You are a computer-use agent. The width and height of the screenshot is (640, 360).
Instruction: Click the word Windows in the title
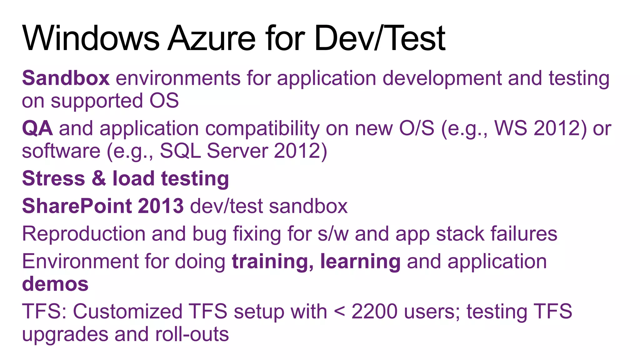click(x=91, y=38)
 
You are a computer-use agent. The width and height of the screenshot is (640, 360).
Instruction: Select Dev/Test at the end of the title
click(x=380, y=38)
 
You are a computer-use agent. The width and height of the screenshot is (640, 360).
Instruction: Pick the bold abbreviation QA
click(x=37, y=128)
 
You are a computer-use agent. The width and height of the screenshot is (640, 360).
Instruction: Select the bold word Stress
click(x=53, y=178)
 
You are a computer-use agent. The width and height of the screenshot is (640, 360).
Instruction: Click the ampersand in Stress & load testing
click(x=99, y=178)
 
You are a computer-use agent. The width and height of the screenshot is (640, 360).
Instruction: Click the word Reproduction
click(x=84, y=234)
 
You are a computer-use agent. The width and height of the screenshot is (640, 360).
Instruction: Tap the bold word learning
click(x=360, y=262)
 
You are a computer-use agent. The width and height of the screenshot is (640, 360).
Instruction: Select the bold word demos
click(x=55, y=284)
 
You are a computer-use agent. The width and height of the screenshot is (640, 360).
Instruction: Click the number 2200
click(x=374, y=312)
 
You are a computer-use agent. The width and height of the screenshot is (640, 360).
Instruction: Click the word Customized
click(x=127, y=312)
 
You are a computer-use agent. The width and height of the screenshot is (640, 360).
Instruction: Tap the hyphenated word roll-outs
click(x=192, y=334)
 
